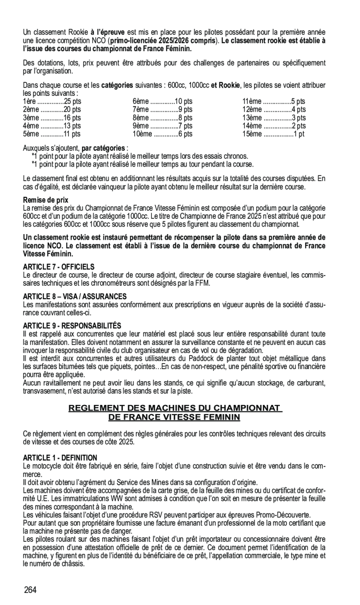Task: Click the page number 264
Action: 31,590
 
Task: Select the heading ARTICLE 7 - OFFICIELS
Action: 59,267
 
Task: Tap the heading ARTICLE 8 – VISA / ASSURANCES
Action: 75,296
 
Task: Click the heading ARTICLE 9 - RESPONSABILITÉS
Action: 72,326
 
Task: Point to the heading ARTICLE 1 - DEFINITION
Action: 60,458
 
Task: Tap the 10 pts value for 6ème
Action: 183,101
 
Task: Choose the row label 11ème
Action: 251,101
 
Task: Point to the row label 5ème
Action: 30,134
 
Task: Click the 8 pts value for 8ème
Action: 185,118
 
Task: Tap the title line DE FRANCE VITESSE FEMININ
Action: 175,417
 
